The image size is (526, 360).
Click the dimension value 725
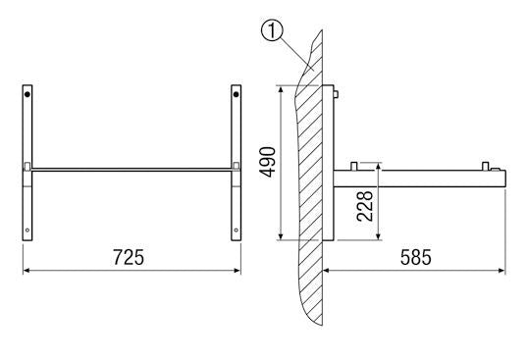[129, 257]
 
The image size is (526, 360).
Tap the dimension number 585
[415, 257]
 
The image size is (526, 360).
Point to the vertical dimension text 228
[364, 207]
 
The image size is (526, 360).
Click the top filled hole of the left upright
[29, 95]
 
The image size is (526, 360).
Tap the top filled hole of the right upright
[236, 95]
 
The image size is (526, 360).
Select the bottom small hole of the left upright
[29, 231]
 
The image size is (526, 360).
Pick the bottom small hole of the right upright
[236, 231]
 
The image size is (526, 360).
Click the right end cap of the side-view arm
[501, 178]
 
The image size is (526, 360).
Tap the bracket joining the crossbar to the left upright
[28, 165]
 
